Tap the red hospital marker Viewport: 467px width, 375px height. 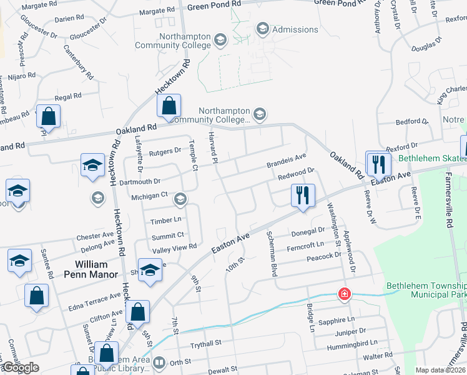coord(343,293)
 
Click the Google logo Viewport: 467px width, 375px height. coord(21,367)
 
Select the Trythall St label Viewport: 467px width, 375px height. coord(206,344)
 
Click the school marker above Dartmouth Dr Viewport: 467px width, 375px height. coord(92,166)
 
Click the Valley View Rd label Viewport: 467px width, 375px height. coord(175,247)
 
